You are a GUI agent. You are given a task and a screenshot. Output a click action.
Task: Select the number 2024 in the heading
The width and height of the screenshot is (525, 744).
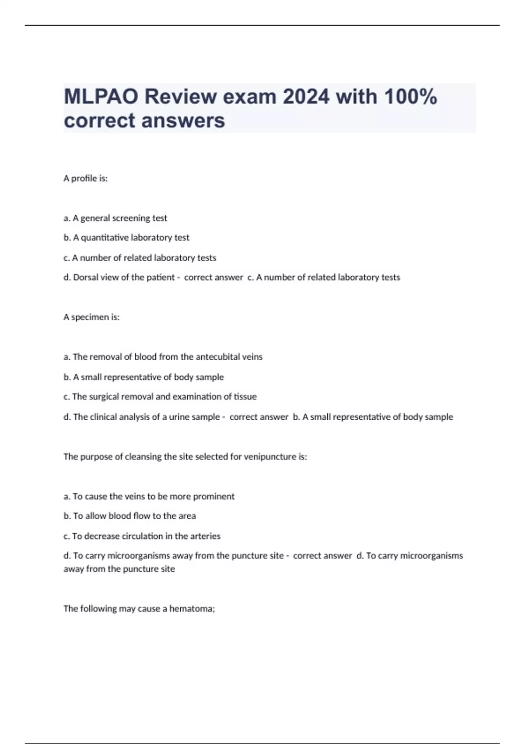pyautogui.click(x=306, y=97)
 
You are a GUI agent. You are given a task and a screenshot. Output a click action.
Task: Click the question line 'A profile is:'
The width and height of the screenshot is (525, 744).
pyautogui.click(x=85, y=179)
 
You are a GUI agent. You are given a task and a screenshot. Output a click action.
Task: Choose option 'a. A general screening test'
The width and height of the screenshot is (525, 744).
pyautogui.click(x=115, y=218)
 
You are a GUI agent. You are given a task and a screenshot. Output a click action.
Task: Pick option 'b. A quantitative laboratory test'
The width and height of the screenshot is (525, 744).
pyautogui.click(x=126, y=238)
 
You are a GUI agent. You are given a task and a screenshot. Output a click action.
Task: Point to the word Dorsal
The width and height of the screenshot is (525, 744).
pyautogui.click(x=86, y=277)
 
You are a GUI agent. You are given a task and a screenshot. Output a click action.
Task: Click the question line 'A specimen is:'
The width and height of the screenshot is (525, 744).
pyautogui.click(x=91, y=317)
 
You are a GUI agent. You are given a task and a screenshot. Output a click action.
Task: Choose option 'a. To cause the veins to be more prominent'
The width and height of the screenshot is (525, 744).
pyautogui.click(x=149, y=497)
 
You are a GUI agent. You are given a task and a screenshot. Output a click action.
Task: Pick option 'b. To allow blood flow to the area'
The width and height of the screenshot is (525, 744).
pyautogui.click(x=129, y=516)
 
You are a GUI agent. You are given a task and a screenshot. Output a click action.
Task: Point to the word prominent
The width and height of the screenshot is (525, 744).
pyautogui.click(x=213, y=497)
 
